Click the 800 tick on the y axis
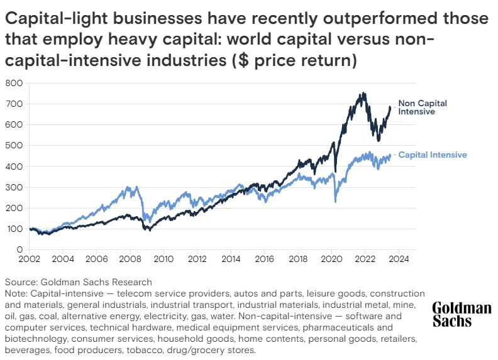[14, 83]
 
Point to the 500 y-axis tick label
[14, 146]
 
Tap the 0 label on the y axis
[19, 250]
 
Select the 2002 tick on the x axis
[30, 259]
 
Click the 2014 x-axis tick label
[231, 259]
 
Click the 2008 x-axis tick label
[130, 259]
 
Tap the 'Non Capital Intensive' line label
[423, 107]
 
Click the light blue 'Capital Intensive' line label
[433, 155]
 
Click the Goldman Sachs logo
[461, 314]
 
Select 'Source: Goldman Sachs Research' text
[79, 282]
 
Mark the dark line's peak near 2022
[363, 93]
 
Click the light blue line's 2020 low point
[336, 202]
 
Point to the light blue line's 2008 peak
[130, 187]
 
